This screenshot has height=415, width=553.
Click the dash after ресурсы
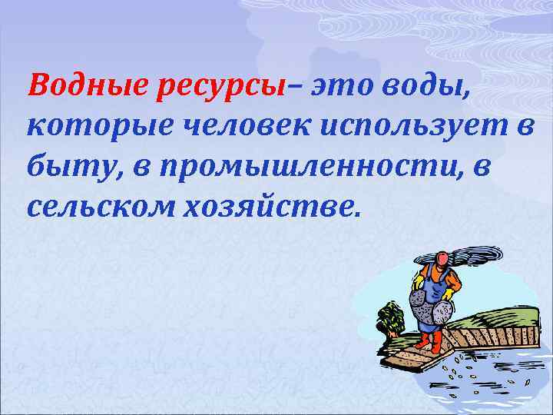pos(292,88)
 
